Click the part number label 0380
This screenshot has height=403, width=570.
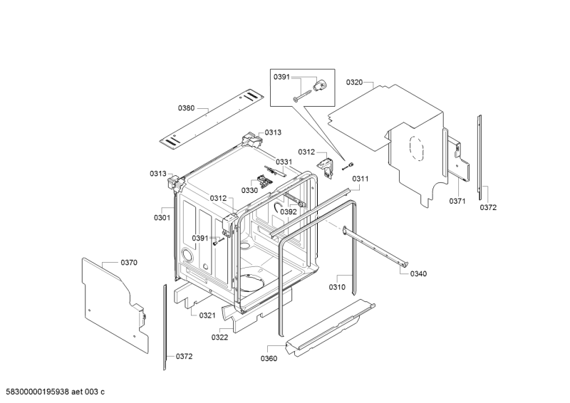pyautogui.click(x=186, y=108)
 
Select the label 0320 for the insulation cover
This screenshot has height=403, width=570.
pyautogui.click(x=354, y=82)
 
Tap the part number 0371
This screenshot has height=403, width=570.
pyautogui.click(x=457, y=201)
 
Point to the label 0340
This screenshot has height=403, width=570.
pyautogui.click(x=418, y=273)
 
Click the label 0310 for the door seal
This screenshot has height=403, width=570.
pyautogui.click(x=337, y=287)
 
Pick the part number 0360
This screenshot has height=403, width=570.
pyautogui.click(x=269, y=359)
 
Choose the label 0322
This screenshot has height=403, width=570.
pyautogui.click(x=219, y=337)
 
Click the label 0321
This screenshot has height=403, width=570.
pyautogui.click(x=207, y=315)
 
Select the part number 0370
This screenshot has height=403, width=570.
pyautogui.click(x=129, y=262)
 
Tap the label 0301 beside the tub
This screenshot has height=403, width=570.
pyautogui.click(x=162, y=218)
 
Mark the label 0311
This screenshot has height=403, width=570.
pyautogui.click(x=361, y=179)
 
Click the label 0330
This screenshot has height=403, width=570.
pyautogui.click(x=250, y=190)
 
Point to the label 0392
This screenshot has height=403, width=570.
pyautogui.click(x=289, y=212)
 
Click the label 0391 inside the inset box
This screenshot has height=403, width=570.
pyautogui.click(x=281, y=77)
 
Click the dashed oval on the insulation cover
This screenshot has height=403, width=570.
pyautogui.click(x=416, y=148)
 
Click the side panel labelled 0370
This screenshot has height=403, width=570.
pyautogui.click(x=115, y=305)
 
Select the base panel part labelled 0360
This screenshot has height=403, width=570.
pyautogui.click(x=330, y=326)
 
